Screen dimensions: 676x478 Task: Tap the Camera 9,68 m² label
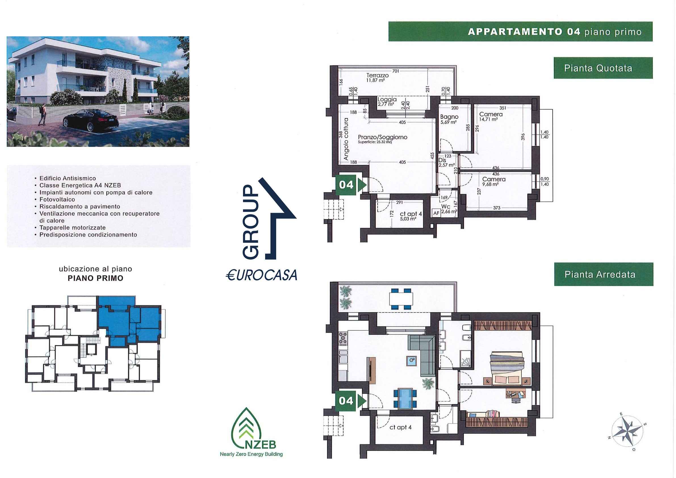click(494, 182)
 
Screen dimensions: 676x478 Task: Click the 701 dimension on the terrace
click(395, 71)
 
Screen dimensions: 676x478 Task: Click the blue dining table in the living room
click(405, 399)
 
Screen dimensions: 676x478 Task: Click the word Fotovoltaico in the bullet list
click(57, 200)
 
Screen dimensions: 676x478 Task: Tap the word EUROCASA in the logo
click(261, 275)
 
